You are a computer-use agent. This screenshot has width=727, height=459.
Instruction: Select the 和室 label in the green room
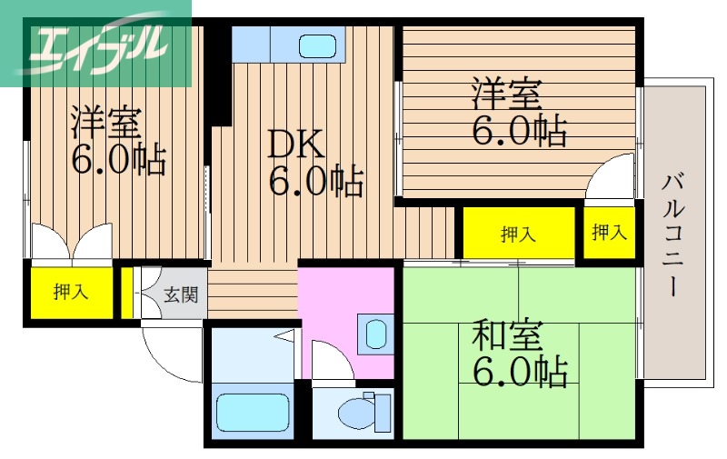tap(506, 337)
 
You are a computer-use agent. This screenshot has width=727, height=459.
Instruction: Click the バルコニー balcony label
tap(673, 234)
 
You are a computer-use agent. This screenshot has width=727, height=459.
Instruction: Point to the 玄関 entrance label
tap(179, 294)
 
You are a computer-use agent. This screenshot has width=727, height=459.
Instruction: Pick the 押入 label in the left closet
tap(70, 292)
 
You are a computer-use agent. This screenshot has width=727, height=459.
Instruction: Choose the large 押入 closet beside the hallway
tap(518, 234)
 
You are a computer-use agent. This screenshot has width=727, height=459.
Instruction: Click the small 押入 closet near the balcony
tap(609, 233)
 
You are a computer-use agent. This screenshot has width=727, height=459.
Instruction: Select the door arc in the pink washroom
tap(330, 360)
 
